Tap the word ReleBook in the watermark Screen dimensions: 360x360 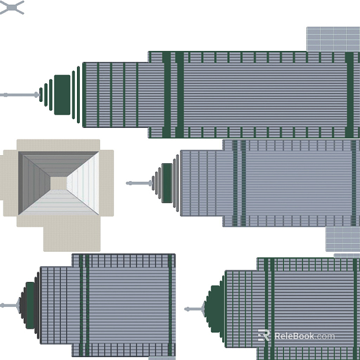point(294,336)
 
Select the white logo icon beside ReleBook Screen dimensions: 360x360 point(263,335)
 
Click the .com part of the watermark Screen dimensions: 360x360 point(325,336)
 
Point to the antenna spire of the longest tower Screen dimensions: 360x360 point(19,95)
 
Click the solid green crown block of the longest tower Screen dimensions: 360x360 point(63,94)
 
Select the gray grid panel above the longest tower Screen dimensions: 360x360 point(333,39)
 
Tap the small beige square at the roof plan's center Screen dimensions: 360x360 point(58,183)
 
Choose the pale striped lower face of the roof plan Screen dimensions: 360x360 point(58,203)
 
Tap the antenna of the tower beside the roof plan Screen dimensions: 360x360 point(139,183)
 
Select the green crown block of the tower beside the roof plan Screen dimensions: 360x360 point(167,183)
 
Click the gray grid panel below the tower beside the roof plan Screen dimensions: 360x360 point(343,239)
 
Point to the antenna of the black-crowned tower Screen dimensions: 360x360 point(10,306)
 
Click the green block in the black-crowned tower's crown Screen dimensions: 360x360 point(30,305)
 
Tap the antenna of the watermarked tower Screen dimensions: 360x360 point(194,309)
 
